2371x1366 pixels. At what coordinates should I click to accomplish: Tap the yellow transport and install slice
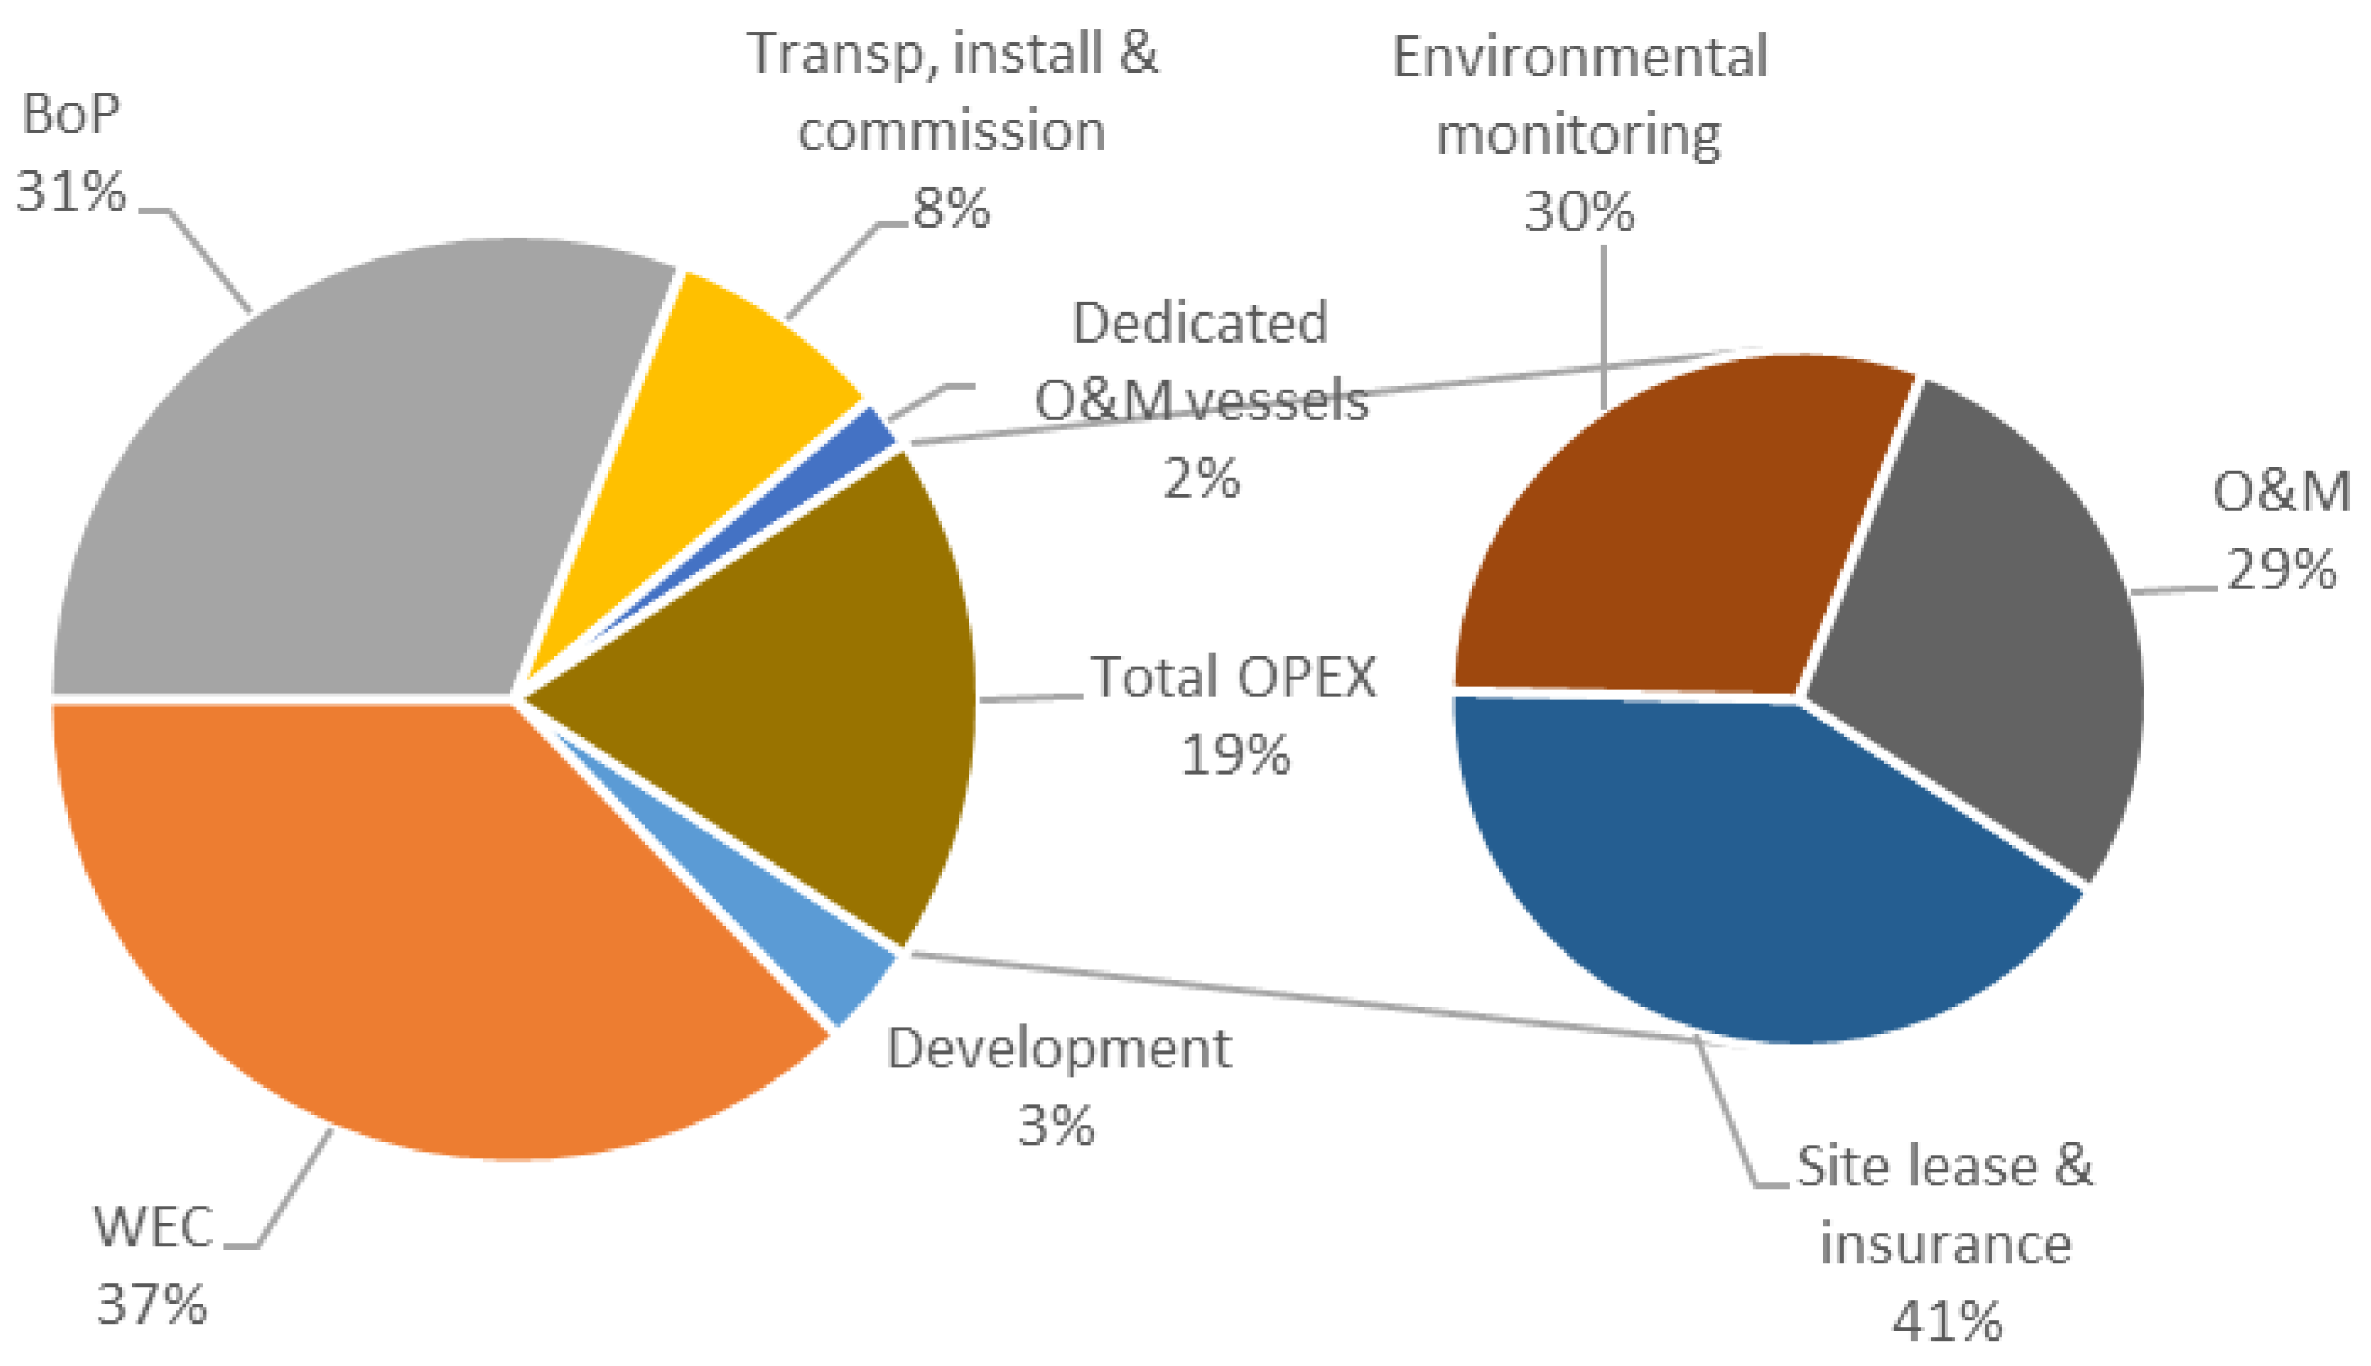[722, 422]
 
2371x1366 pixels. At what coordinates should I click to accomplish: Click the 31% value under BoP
[70, 192]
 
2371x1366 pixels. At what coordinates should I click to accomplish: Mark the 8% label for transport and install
[950, 208]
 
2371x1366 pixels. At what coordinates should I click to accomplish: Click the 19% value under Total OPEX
[1234, 754]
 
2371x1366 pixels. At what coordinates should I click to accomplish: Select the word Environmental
[1579, 57]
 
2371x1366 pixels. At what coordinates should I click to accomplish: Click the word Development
[1058, 1049]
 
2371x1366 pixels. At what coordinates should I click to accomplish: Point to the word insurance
[1945, 1244]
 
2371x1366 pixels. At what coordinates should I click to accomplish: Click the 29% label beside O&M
[2281, 570]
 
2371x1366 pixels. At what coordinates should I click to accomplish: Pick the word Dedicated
[1200, 324]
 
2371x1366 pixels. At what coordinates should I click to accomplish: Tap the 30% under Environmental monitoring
[1579, 212]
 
